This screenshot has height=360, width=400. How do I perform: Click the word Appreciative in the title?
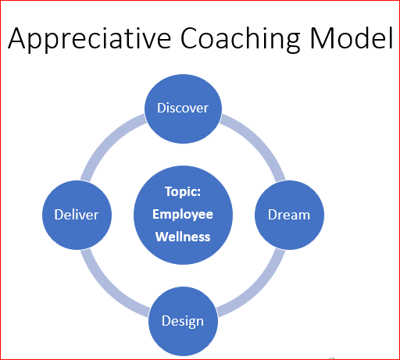coord(89,38)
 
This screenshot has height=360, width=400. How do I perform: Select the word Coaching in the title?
coord(240,39)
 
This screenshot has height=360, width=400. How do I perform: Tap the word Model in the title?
coord(351,37)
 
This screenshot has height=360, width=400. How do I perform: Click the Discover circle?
coord(183,109)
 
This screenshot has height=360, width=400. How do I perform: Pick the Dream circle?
coord(289,215)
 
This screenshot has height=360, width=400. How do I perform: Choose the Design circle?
coord(183,321)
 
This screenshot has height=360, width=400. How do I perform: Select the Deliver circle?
coord(77,215)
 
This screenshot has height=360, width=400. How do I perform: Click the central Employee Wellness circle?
coord(183,215)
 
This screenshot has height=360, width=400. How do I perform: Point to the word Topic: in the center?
coord(183,191)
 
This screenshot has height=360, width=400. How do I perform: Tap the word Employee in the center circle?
coord(183,215)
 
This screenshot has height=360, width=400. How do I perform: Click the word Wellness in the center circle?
coord(183,237)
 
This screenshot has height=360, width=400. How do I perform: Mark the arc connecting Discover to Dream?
coord(258,140)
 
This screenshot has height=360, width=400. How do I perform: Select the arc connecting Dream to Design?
coord(258,290)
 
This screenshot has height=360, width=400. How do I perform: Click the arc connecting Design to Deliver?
coord(108,290)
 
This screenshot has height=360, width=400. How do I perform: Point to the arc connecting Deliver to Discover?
coord(108,140)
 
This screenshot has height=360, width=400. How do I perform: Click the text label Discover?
coord(183,108)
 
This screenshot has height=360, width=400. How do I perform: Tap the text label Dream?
coord(289,215)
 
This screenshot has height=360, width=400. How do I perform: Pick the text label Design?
coord(183,321)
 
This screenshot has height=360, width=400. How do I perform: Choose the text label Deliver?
coord(77,215)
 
